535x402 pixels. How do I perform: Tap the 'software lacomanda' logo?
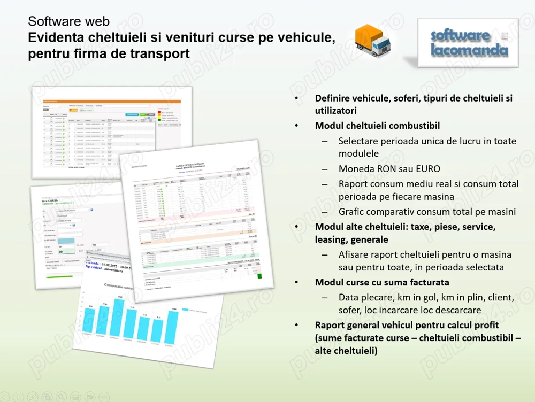469,43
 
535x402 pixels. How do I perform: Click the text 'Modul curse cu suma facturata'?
381,282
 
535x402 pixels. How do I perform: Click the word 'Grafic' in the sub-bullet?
354,212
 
